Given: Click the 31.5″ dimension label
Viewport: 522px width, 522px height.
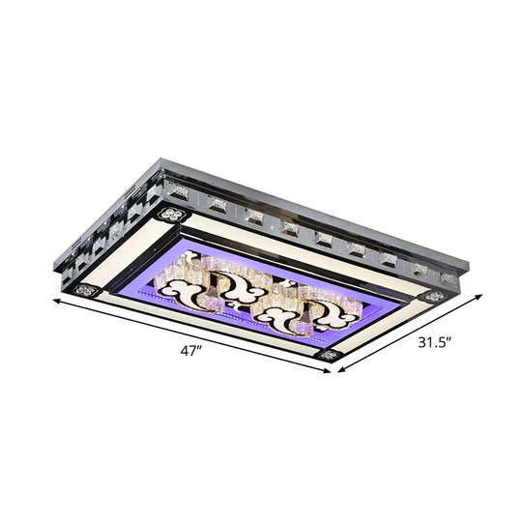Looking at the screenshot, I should (434, 341).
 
